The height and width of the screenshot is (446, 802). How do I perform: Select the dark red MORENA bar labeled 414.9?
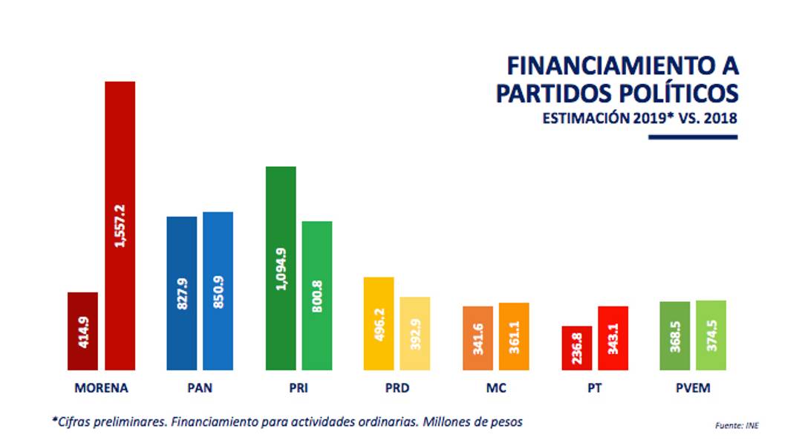coord(82,331)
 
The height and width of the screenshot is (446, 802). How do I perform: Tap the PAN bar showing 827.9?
coord(181,293)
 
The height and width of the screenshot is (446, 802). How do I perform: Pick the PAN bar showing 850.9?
coord(218,291)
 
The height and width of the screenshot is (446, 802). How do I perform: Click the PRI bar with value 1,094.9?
coord(281,268)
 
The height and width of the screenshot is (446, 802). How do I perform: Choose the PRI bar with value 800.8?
coord(317,295)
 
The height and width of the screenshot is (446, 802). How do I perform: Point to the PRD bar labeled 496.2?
coord(379,324)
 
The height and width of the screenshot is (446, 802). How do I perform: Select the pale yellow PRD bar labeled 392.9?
coord(415,333)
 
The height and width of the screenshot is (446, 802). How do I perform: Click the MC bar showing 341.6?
coord(477,338)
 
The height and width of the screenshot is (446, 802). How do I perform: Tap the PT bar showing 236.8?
coord(576,347)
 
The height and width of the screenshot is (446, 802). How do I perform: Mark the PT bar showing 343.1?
coord(613,338)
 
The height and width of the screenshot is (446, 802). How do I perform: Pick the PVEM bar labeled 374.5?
coord(711,335)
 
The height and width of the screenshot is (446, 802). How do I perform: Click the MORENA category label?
coord(102,388)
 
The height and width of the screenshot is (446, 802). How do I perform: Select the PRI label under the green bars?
coord(298,388)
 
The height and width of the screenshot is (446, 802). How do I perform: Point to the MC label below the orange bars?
coord(495,388)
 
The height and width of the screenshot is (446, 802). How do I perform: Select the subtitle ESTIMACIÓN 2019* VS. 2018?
coord(639,118)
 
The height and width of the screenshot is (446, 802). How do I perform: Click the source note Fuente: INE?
coord(737,425)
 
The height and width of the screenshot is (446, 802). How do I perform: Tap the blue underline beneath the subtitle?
coord(693,137)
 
